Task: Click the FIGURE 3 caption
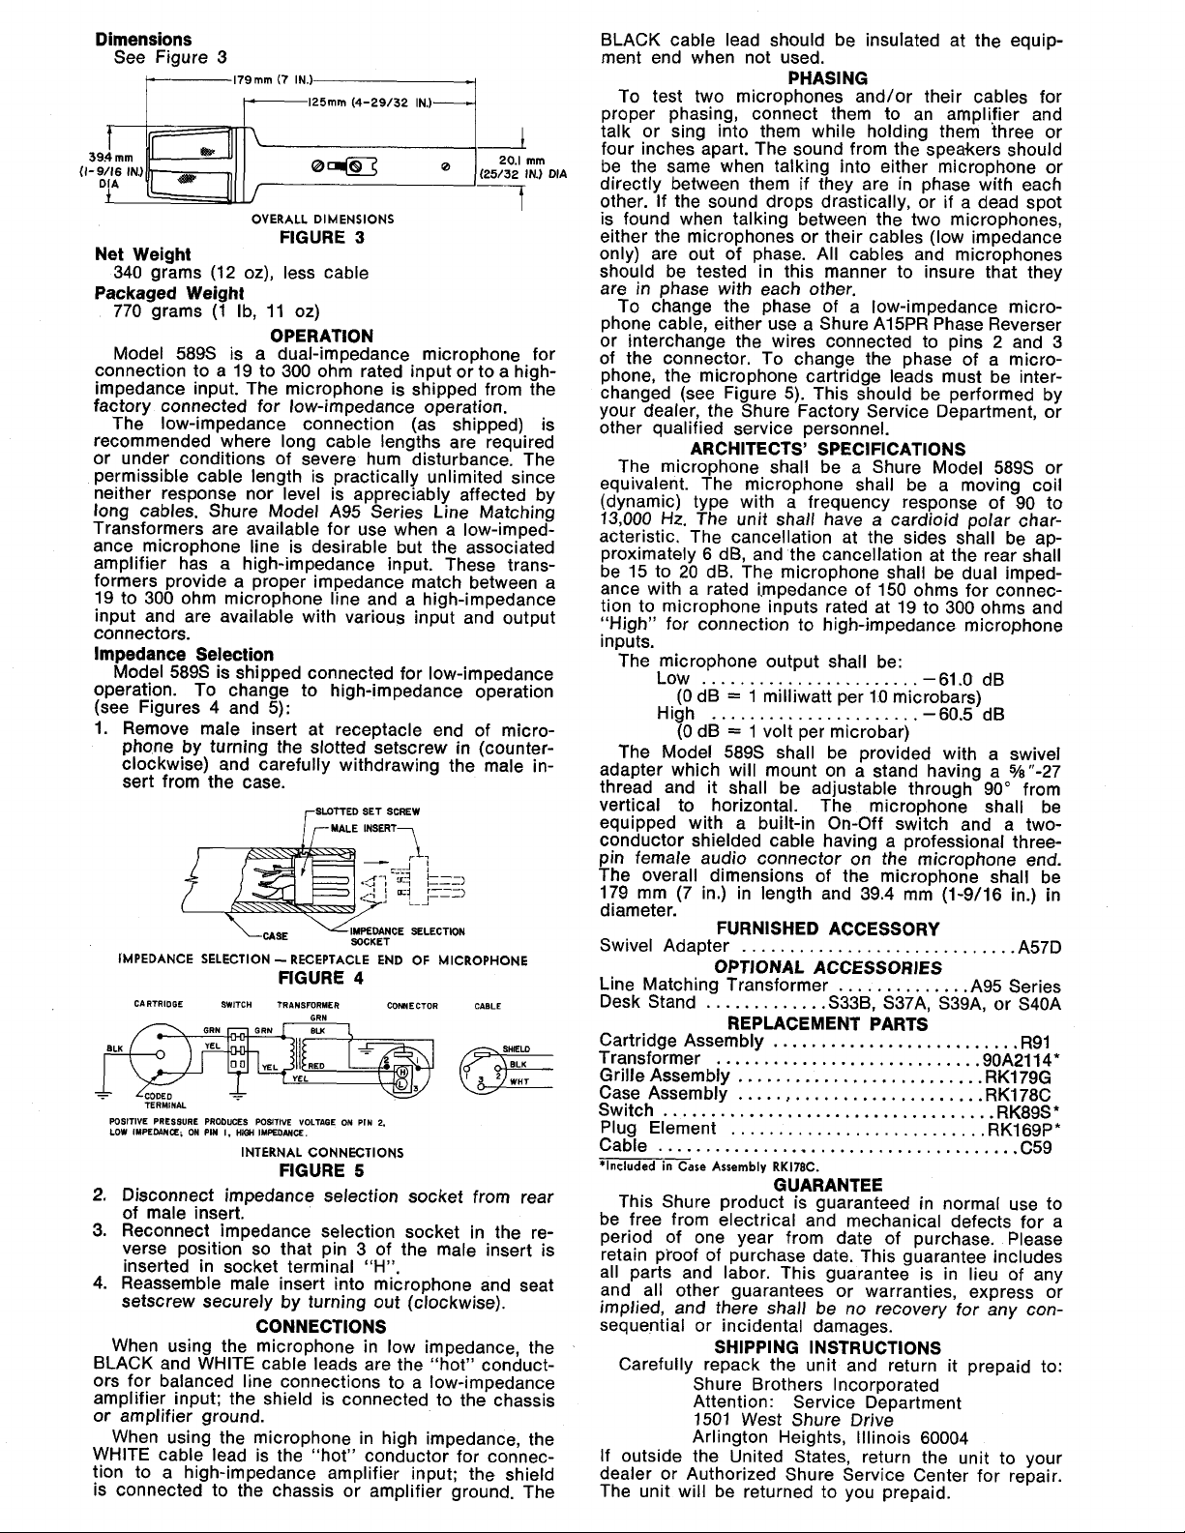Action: (x=321, y=236)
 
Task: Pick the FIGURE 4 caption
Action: (x=321, y=977)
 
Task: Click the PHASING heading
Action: (x=826, y=78)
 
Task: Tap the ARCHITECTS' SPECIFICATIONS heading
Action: (x=827, y=449)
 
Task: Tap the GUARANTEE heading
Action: (x=827, y=1185)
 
